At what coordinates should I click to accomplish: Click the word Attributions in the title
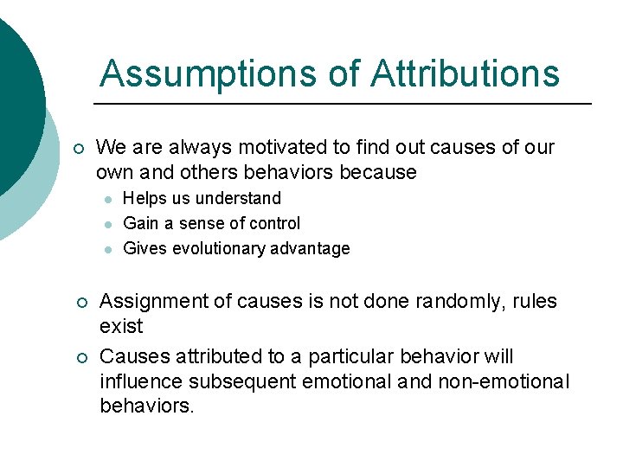pyautogui.click(x=466, y=74)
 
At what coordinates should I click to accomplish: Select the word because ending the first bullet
pyautogui.click(x=378, y=173)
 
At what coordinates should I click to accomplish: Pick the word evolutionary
pyautogui.click(x=215, y=248)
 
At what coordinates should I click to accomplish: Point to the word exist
pyautogui.click(x=121, y=327)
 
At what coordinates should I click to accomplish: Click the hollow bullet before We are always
pyautogui.click(x=78, y=149)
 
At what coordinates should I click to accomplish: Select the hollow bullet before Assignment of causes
pyautogui.click(x=78, y=303)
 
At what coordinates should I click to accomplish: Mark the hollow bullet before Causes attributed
pyautogui.click(x=78, y=357)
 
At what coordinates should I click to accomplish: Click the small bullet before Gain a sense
pyautogui.click(x=106, y=224)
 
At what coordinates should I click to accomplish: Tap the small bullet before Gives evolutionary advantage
pyautogui.click(x=106, y=249)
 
